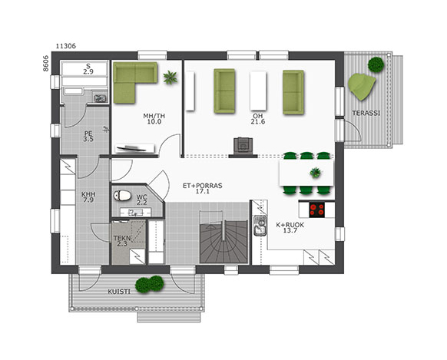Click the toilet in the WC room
(x=122, y=196)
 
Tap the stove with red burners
(x=317, y=210)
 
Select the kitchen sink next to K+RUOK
(x=260, y=226)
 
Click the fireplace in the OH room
(x=243, y=145)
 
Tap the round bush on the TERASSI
(x=375, y=64)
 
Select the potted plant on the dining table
(x=316, y=173)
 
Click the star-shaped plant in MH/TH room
(x=171, y=78)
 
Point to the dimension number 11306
(x=66, y=46)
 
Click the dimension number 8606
(x=46, y=63)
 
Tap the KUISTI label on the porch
(x=119, y=292)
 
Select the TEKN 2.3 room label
(x=122, y=241)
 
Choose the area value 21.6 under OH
(x=258, y=121)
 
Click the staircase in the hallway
(x=223, y=237)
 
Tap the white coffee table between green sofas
(x=258, y=91)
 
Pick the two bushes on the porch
(x=149, y=284)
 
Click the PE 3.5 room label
(x=88, y=136)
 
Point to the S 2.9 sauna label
(x=88, y=69)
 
